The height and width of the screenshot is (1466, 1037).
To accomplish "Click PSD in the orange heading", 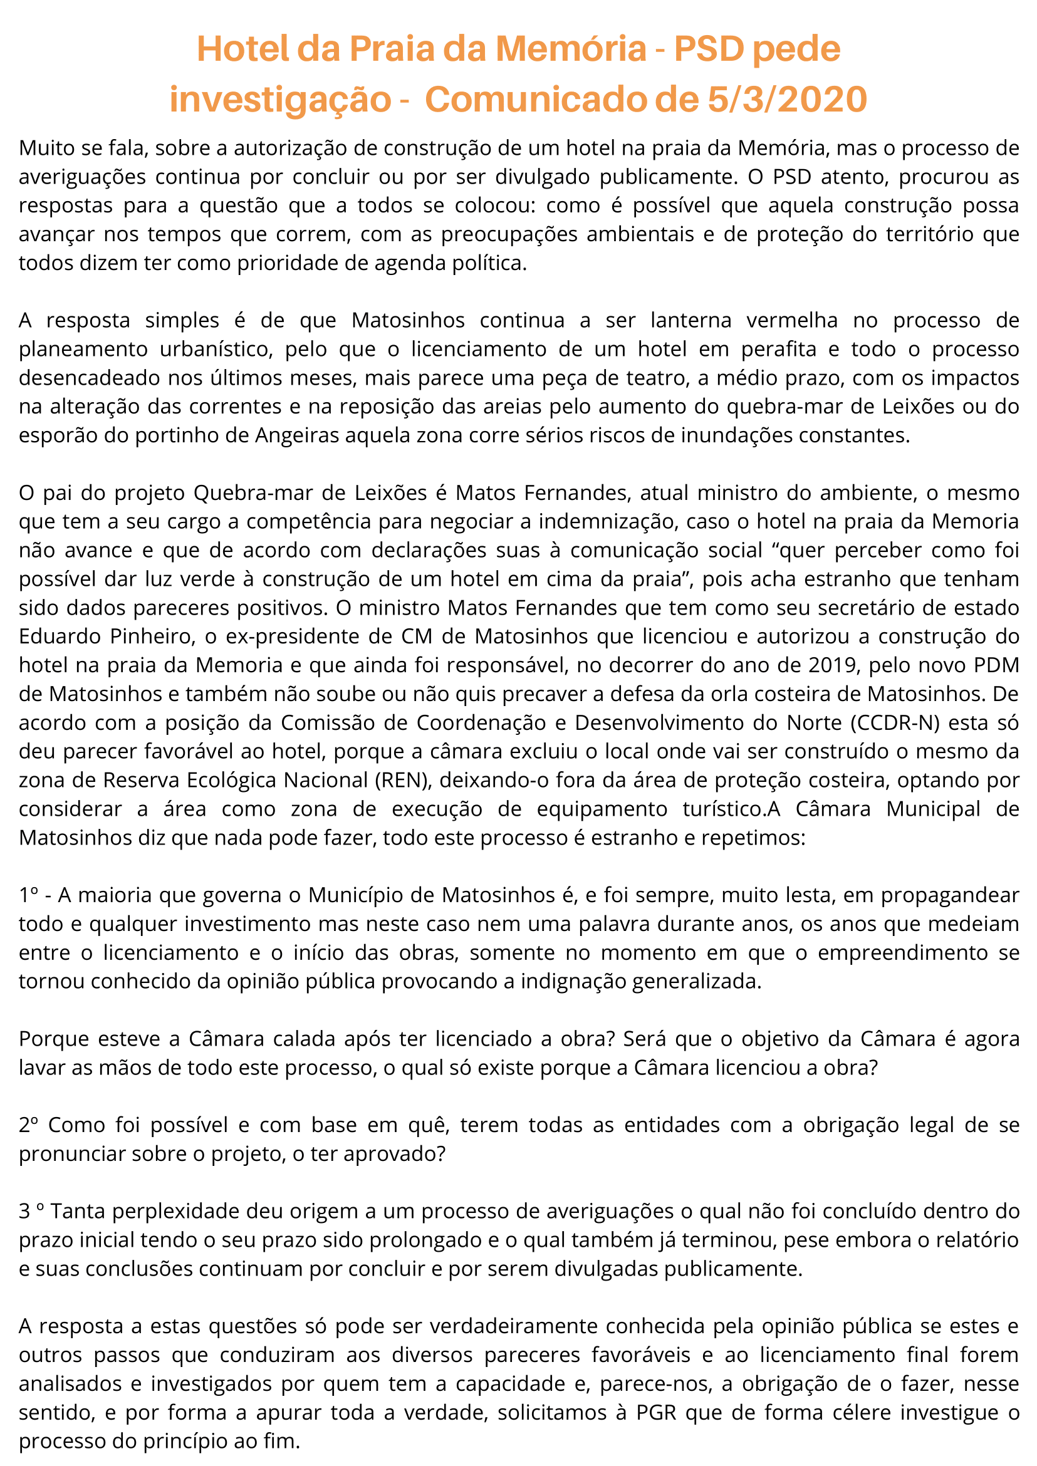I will click(709, 49).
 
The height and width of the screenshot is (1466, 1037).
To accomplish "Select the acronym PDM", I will click(996, 665).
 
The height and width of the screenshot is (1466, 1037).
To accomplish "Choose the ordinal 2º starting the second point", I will click(29, 1125).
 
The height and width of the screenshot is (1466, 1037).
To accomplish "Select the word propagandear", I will click(949, 895).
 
